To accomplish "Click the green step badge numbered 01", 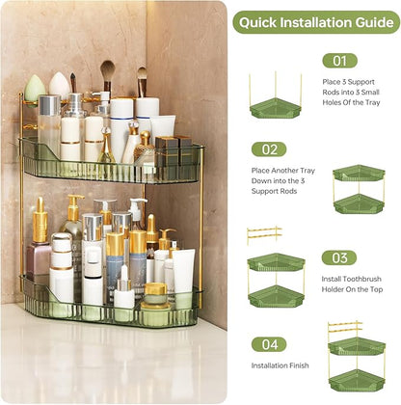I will click(x=338, y=60).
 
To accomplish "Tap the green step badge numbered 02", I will click(x=269, y=149).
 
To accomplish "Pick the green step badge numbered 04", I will click(x=269, y=343).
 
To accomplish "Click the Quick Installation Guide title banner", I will click(x=315, y=22).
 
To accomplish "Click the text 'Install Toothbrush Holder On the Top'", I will click(x=353, y=285).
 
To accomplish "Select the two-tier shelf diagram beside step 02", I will click(x=358, y=189).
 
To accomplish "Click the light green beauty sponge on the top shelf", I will click(x=36, y=88).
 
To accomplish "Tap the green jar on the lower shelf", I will click(x=154, y=310).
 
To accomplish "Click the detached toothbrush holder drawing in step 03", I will click(x=263, y=234).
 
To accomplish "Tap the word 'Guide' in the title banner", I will click(x=372, y=22).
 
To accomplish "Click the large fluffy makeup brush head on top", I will click(x=107, y=70).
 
